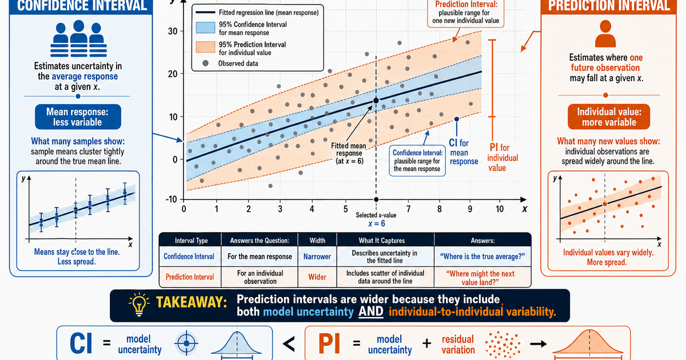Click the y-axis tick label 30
click(173, 31)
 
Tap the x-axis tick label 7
click(408, 209)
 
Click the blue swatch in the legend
click(205, 28)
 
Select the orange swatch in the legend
click(205, 47)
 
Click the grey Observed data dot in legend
click(205, 63)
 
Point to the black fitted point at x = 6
click(376, 101)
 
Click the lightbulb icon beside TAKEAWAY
click(139, 304)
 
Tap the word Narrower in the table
click(317, 257)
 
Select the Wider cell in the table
click(317, 277)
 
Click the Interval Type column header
click(191, 241)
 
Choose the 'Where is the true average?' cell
click(482, 257)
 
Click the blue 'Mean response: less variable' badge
click(78, 117)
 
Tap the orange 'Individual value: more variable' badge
click(609, 117)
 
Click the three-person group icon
click(78, 39)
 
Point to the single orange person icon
click(605, 34)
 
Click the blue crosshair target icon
click(186, 343)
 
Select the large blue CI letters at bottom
click(81, 343)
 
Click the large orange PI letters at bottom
click(329, 343)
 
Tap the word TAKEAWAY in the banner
click(192, 302)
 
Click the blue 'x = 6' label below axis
click(376, 224)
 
